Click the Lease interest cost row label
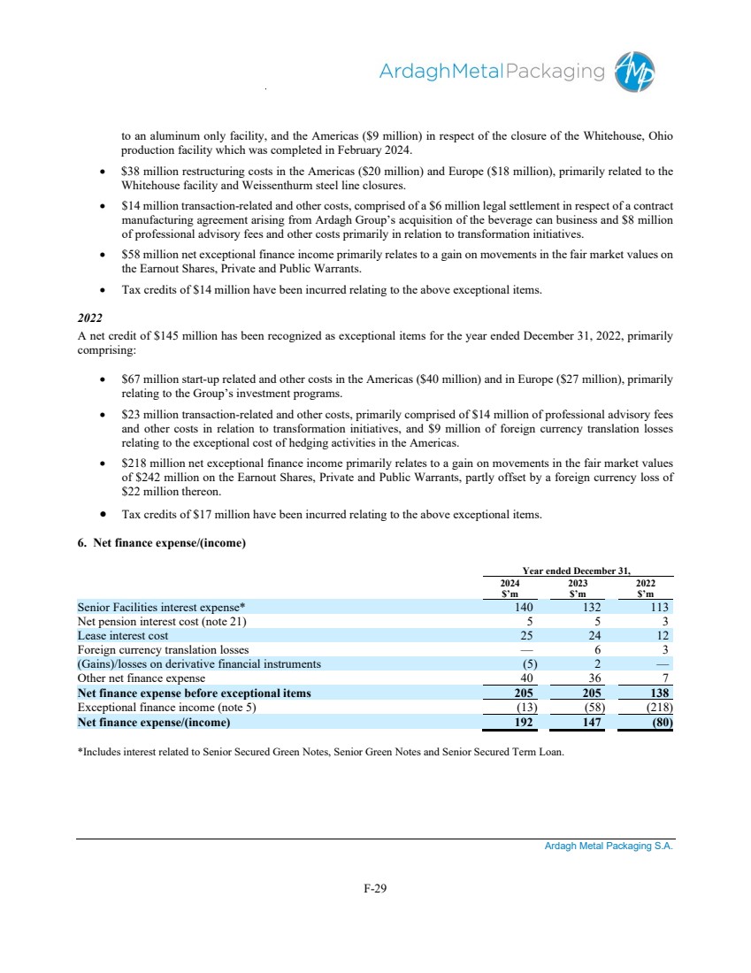123,635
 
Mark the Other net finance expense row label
141,678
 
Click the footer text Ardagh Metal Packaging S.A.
609,846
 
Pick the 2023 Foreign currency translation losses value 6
598,649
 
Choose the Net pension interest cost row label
148,621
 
